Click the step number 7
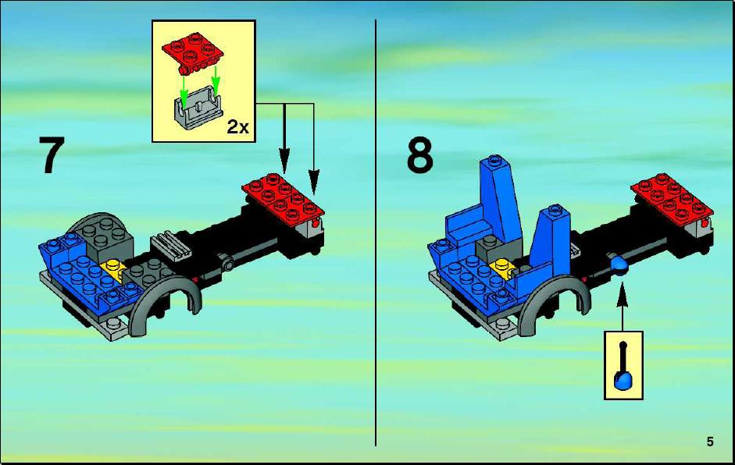click(x=51, y=155)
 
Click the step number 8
click(x=420, y=155)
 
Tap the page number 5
click(x=710, y=442)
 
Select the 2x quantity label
click(x=238, y=126)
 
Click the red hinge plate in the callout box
click(x=192, y=52)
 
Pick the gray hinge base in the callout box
click(x=198, y=108)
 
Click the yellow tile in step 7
click(x=114, y=270)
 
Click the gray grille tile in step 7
click(x=171, y=246)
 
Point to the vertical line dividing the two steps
click(x=376, y=232)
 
